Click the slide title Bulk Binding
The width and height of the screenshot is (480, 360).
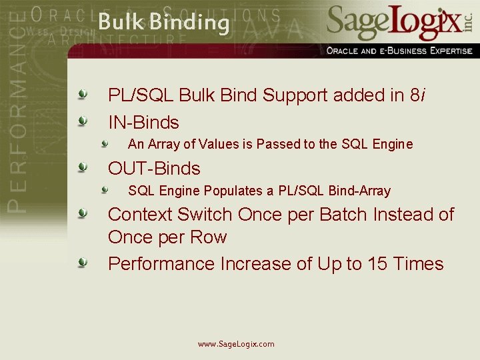[163, 23]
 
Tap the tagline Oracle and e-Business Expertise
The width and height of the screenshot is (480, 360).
[399, 51]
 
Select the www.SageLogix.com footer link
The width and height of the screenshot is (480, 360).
[236, 344]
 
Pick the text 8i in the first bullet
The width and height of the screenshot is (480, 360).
[417, 96]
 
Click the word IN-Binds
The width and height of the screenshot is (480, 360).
[143, 123]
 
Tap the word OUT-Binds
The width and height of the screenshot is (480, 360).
[154, 169]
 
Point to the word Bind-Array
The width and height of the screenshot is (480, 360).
[359, 191]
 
